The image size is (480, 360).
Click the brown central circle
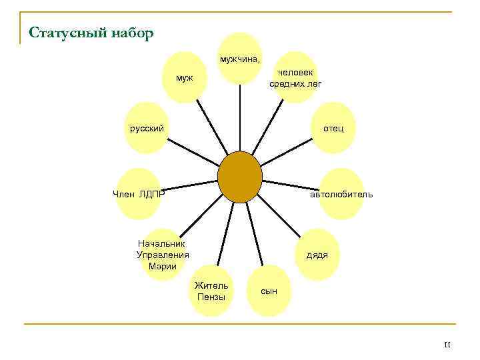(x=240, y=177)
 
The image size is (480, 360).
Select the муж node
(x=185, y=78)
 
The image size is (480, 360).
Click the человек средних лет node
(x=295, y=78)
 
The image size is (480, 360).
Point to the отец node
(x=333, y=127)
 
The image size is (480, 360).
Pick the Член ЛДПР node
(x=138, y=194)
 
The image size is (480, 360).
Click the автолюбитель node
(x=341, y=194)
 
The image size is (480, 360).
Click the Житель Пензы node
(x=211, y=291)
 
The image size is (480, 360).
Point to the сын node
(x=269, y=291)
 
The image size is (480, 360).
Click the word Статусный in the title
(x=61, y=33)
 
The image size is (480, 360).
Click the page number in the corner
(x=447, y=344)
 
